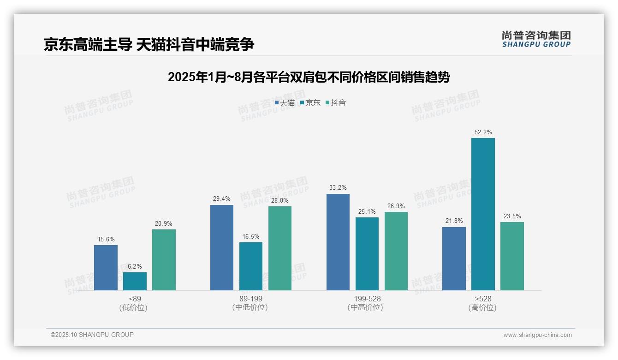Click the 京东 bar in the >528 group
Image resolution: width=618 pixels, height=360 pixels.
(483, 214)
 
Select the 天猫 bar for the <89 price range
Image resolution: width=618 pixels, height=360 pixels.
(106, 268)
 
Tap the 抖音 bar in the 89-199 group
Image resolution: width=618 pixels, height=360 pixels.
(280, 248)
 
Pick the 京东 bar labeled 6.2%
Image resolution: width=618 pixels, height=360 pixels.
(135, 281)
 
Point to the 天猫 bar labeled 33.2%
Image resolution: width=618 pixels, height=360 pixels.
(338, 242)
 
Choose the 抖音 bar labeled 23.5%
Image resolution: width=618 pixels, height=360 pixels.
(512, 256)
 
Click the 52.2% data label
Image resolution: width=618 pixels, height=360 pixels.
(483, 132)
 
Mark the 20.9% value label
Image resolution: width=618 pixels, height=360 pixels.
(164, 224)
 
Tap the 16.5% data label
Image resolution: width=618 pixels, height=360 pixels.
(251, 237)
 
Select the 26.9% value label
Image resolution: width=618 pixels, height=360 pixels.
(396, 206)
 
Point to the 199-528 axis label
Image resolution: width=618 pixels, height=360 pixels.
(367, 299)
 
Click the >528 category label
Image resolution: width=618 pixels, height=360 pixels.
(483, 299)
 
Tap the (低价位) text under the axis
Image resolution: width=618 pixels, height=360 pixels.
(133, 308)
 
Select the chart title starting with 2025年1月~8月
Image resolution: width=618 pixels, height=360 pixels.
(309, 77)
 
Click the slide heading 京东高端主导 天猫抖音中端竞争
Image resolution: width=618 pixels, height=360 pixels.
(149, 45)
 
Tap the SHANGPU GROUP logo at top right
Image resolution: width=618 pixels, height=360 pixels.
(536, 39)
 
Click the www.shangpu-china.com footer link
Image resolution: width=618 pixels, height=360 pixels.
(537, 335)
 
